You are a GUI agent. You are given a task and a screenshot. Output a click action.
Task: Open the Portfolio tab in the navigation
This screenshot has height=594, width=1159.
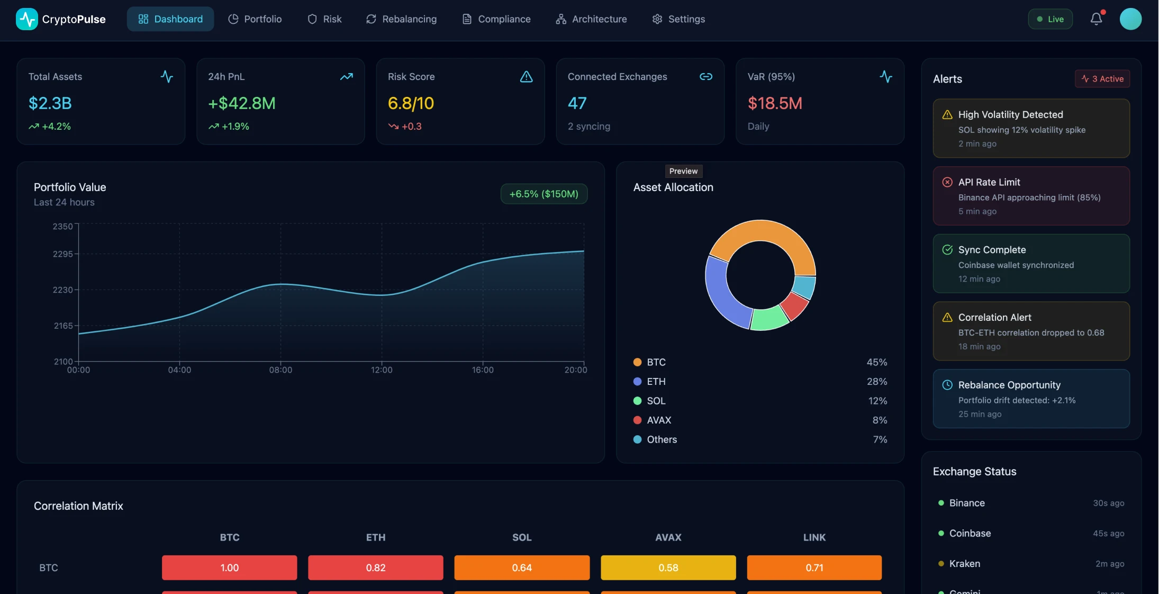pyautogui.click(x=255, y=19)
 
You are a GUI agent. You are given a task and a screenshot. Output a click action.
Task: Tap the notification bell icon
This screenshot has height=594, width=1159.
pyautogui.click(x=1096, y=19)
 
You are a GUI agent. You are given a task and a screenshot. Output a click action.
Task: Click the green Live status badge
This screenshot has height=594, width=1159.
pyautogui.click(x=1050, y=19)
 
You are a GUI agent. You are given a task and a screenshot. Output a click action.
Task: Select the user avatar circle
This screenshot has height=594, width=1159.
pyautogui.click(x=1130, y=19)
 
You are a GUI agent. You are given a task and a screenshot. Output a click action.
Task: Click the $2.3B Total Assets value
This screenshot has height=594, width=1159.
pyautogui.click(x=50, y=103)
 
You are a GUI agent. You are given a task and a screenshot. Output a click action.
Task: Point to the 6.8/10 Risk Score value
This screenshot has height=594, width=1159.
pyautogui.click(x=411, y=103)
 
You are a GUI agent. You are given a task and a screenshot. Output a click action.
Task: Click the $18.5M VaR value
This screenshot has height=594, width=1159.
pyautogui.click(x=775, y=103)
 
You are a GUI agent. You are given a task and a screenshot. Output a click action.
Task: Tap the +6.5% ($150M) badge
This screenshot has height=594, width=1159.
pyautogui.click(x=544, y=194)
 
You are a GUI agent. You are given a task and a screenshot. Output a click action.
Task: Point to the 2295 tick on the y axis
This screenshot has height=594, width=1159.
pyautogui.click(x=63, y=254)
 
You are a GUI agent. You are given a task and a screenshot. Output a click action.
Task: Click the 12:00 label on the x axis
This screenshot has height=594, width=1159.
pyautogui.click(x=382, y=370)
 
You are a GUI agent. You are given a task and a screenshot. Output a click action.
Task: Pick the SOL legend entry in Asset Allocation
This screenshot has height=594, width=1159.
pyautogui.click(x=656, y=401)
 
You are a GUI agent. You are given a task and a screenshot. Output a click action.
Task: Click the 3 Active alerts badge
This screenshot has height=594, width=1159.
pyautogui.click(x=1102, y=79)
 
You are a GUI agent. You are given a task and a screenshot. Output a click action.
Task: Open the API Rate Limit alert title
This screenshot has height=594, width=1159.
pyautogui.click(x=989, y=182)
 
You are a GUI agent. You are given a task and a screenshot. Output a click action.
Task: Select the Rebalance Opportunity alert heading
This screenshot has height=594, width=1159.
pyautogui.click(x=1009, y=385)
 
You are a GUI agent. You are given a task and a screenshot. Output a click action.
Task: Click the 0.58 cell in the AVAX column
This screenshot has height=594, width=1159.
pyautogui.click(x=668, y=568)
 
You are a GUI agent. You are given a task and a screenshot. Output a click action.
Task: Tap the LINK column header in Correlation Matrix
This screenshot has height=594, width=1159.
pyautogui.click(x=814, y=537)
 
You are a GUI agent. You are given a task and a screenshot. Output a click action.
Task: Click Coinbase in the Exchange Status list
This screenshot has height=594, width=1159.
pyautogui.click(x=970, y=533)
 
